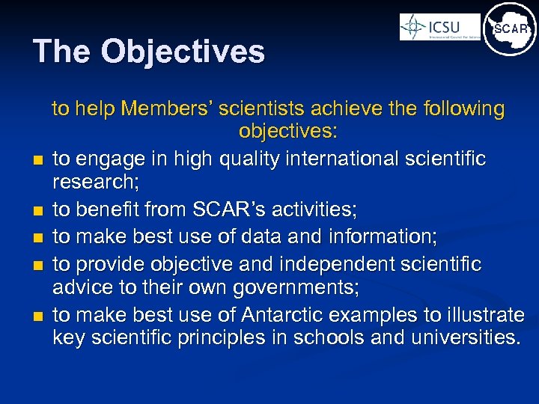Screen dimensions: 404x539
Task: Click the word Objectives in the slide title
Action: pyautogui.click(x=183, y=52)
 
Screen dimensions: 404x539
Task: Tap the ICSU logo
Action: pyautogui.click(x=439, y=28)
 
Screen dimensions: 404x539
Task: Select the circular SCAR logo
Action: pyautogui.click(x=510, y=29)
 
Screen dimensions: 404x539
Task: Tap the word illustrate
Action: pyautogui.click(x=484, y=315)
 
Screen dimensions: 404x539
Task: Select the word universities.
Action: pyautogui.click(x=463, y=337)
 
